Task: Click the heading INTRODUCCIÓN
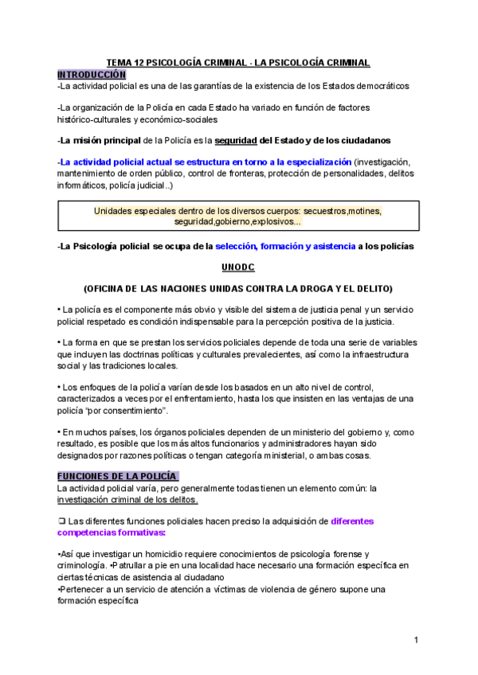92,73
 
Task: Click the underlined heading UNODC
239,268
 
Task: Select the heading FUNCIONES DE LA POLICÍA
118,476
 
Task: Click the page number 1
417,641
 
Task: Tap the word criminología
83,565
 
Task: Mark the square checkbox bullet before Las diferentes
61,521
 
